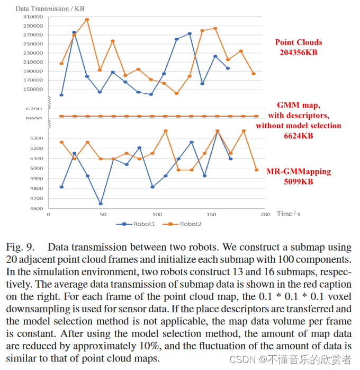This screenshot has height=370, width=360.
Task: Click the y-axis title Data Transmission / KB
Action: [50, 9]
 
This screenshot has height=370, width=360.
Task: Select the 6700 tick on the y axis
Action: [35, 109]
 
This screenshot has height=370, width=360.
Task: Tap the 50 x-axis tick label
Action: [103, 214]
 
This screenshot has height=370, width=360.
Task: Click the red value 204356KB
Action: [298, 52]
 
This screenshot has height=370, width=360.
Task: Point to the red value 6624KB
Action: [298, 136]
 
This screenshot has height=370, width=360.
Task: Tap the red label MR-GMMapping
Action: [298, 172]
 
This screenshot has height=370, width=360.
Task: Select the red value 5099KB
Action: [298, 181]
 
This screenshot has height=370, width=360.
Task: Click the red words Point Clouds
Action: [298, 42]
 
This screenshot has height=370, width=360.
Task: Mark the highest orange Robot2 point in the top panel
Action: [87, 20]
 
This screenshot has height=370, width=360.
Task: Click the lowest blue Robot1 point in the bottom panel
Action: [100, 204]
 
